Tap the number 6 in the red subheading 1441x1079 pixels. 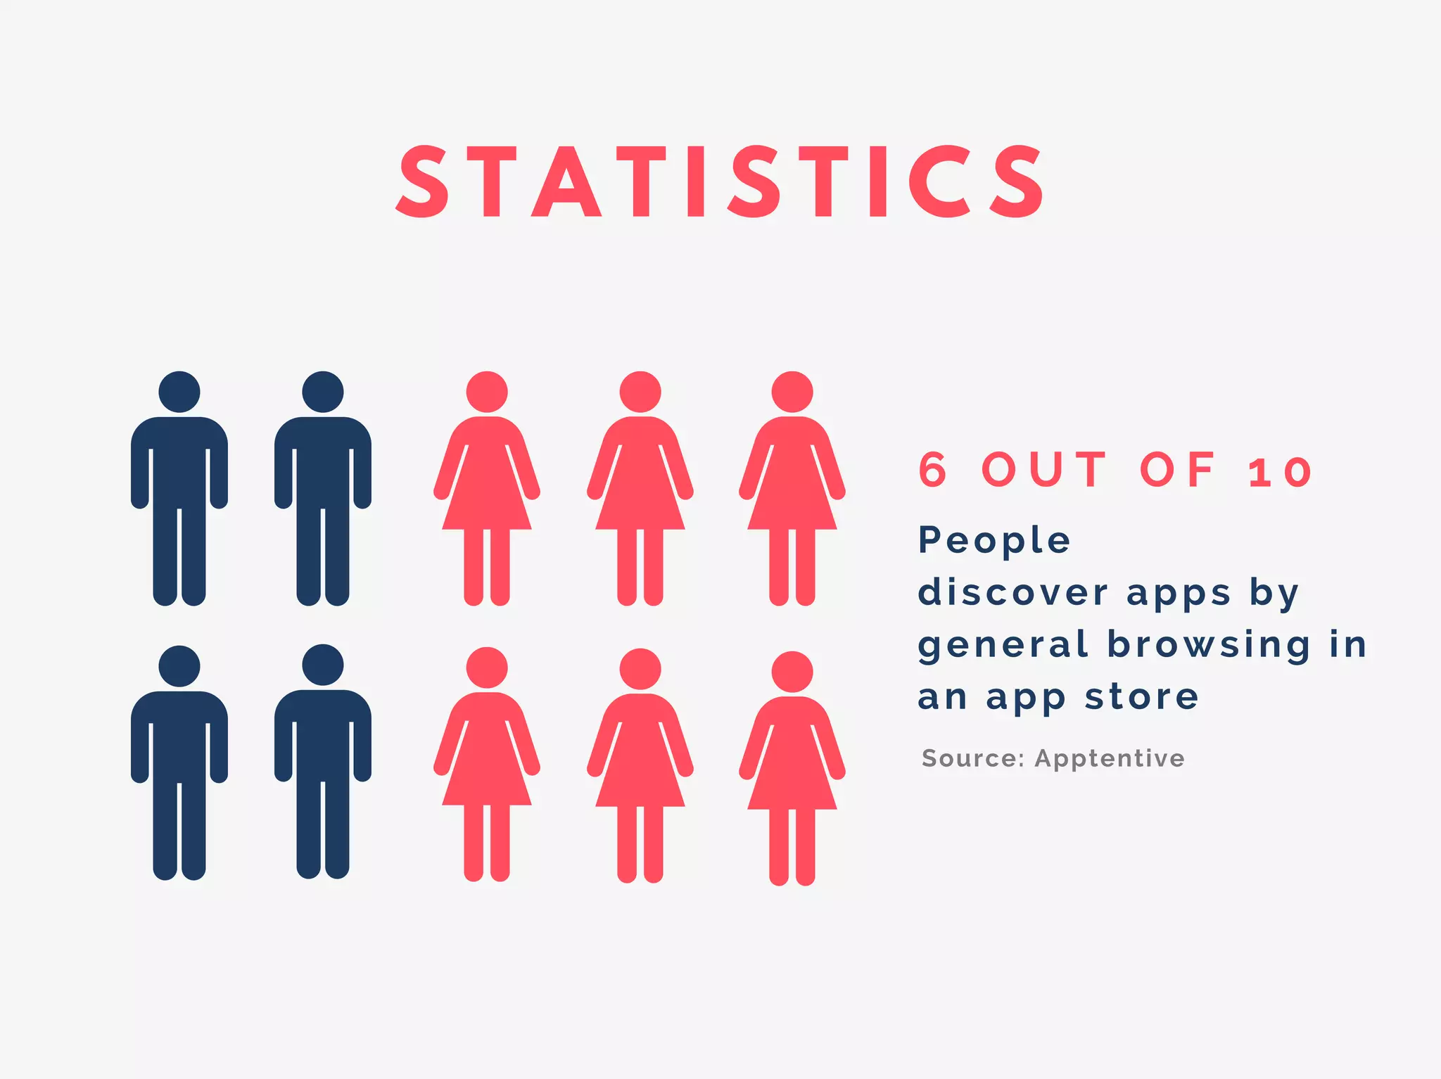933,470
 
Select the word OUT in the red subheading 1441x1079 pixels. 1045,470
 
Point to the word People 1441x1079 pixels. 994,540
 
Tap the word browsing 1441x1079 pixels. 1209,644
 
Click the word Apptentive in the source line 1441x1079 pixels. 1110,758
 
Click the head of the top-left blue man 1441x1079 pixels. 179,392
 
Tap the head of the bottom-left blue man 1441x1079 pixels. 179,666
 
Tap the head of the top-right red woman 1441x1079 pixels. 792,392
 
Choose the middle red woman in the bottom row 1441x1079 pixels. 640,766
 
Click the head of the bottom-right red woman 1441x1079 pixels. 792,672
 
